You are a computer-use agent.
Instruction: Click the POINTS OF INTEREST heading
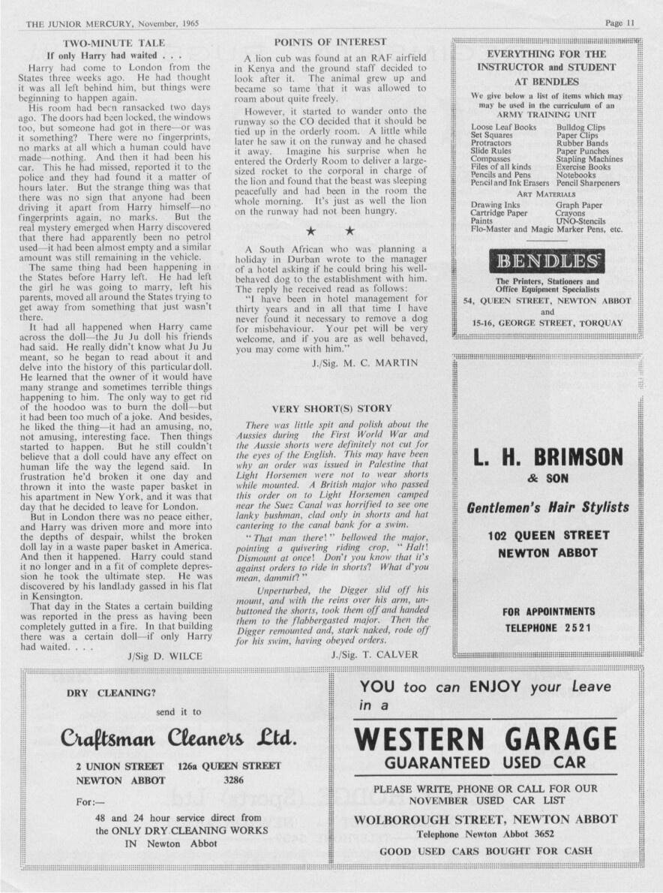(330, 42)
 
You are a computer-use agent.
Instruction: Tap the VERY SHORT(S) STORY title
(331, 409)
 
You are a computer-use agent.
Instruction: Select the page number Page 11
(620, 23)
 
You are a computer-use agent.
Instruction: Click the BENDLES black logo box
(547, 261)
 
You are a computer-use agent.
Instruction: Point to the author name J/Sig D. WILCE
(166, 655)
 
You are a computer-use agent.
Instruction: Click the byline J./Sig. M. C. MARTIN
(364, 363)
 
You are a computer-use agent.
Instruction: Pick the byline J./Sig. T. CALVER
(375, 654)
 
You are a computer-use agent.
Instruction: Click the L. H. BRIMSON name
(548, 456)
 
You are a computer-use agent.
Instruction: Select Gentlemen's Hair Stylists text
(547, 508)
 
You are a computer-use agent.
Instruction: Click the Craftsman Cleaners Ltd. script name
(179, 738)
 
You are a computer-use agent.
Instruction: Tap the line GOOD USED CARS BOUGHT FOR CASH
(485, 851)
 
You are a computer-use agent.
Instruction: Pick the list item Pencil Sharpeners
(588, 183)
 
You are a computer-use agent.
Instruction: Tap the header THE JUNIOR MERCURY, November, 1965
(112, 23)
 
